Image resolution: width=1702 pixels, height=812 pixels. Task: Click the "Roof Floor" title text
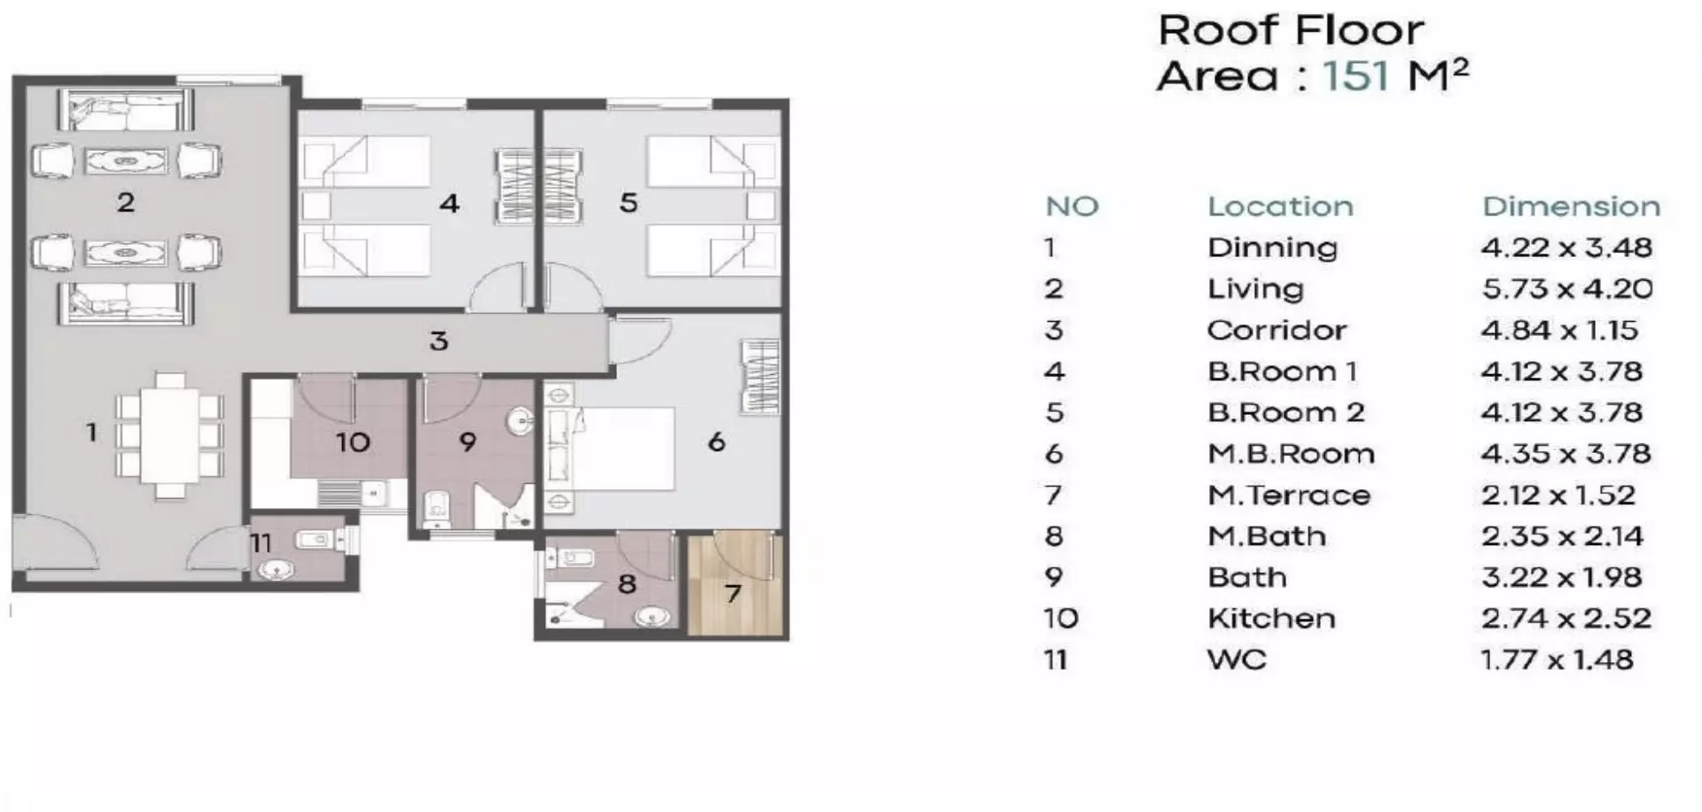click(1291, 31)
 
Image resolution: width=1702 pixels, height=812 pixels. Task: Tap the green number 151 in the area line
click(1355, 75)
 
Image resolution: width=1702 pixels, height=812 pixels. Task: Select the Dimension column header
click(1571, 207)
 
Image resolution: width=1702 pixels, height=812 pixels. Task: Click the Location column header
click(1280, 207)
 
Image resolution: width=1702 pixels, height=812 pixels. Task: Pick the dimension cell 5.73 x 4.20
click(1566, 289)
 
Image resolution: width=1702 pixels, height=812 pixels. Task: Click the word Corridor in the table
click(1276, 331)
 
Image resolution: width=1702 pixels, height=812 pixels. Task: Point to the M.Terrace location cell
click(1288, 496)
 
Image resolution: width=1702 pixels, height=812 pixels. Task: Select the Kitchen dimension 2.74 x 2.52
click(1565, 619)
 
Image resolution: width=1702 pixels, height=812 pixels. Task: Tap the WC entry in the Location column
click(1237, 660)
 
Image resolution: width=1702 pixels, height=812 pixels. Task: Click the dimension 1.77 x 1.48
click(1557, 660)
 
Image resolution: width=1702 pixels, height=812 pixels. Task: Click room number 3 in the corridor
click(439, 341)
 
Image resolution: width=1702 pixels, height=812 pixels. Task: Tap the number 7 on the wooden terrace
click(732, 594)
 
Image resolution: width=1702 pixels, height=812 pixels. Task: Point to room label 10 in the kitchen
click(352, 442)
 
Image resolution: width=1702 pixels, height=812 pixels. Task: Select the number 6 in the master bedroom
click(716, 441)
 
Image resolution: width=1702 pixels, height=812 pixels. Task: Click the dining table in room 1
click(169, 434)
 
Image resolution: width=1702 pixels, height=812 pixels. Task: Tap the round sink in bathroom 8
click(653, 614)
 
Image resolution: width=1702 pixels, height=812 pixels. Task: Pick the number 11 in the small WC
click(261, 543)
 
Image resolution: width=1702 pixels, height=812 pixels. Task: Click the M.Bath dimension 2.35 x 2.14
click(1562, 536)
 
